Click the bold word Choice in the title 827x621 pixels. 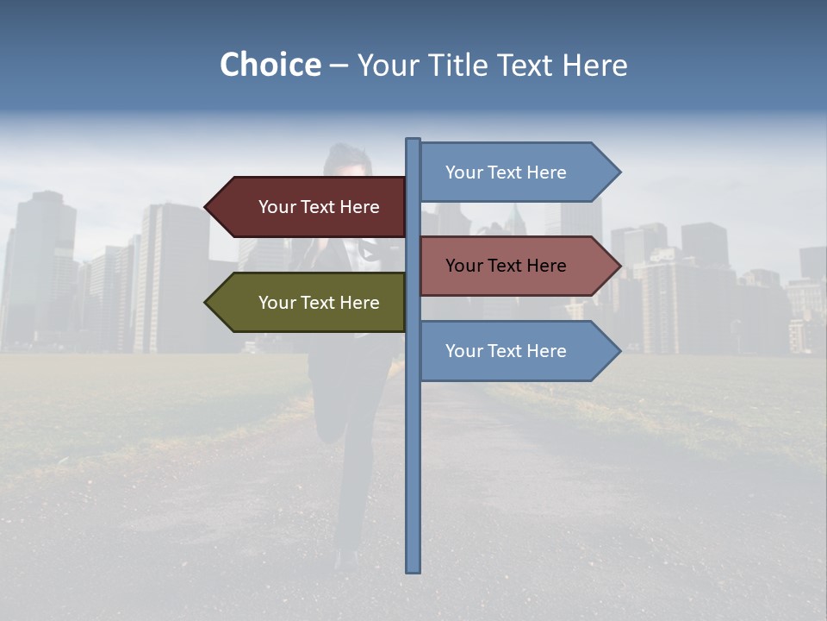pyautogui.click(x=270, y=65)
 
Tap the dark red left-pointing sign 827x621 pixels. pyautogui.click(x=310, y=207)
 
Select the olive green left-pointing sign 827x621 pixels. pyautogui.click(x=310, y=303)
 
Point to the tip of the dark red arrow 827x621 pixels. pyautogui.click(x=207, y=207)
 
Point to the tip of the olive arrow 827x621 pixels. pyautogui.click(x=207, y=303)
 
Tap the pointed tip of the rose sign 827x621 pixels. pyautogui.click(x=619, y=266)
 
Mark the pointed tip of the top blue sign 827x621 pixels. pyautogui.click(x=619, y=172)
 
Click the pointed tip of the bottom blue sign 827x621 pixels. pyautogui.click(x=619, y=351)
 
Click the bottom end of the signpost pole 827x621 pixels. pyautogui.click(x=413, y=569)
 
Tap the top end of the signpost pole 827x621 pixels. pyautogui.click(x=413, y=141)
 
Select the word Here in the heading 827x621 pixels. pyautogui.click(x=594, y=65)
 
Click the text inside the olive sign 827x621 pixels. pyautogui.click(x=319, y=303)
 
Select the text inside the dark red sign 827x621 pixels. pyautogui.click(x=319, y=207)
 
